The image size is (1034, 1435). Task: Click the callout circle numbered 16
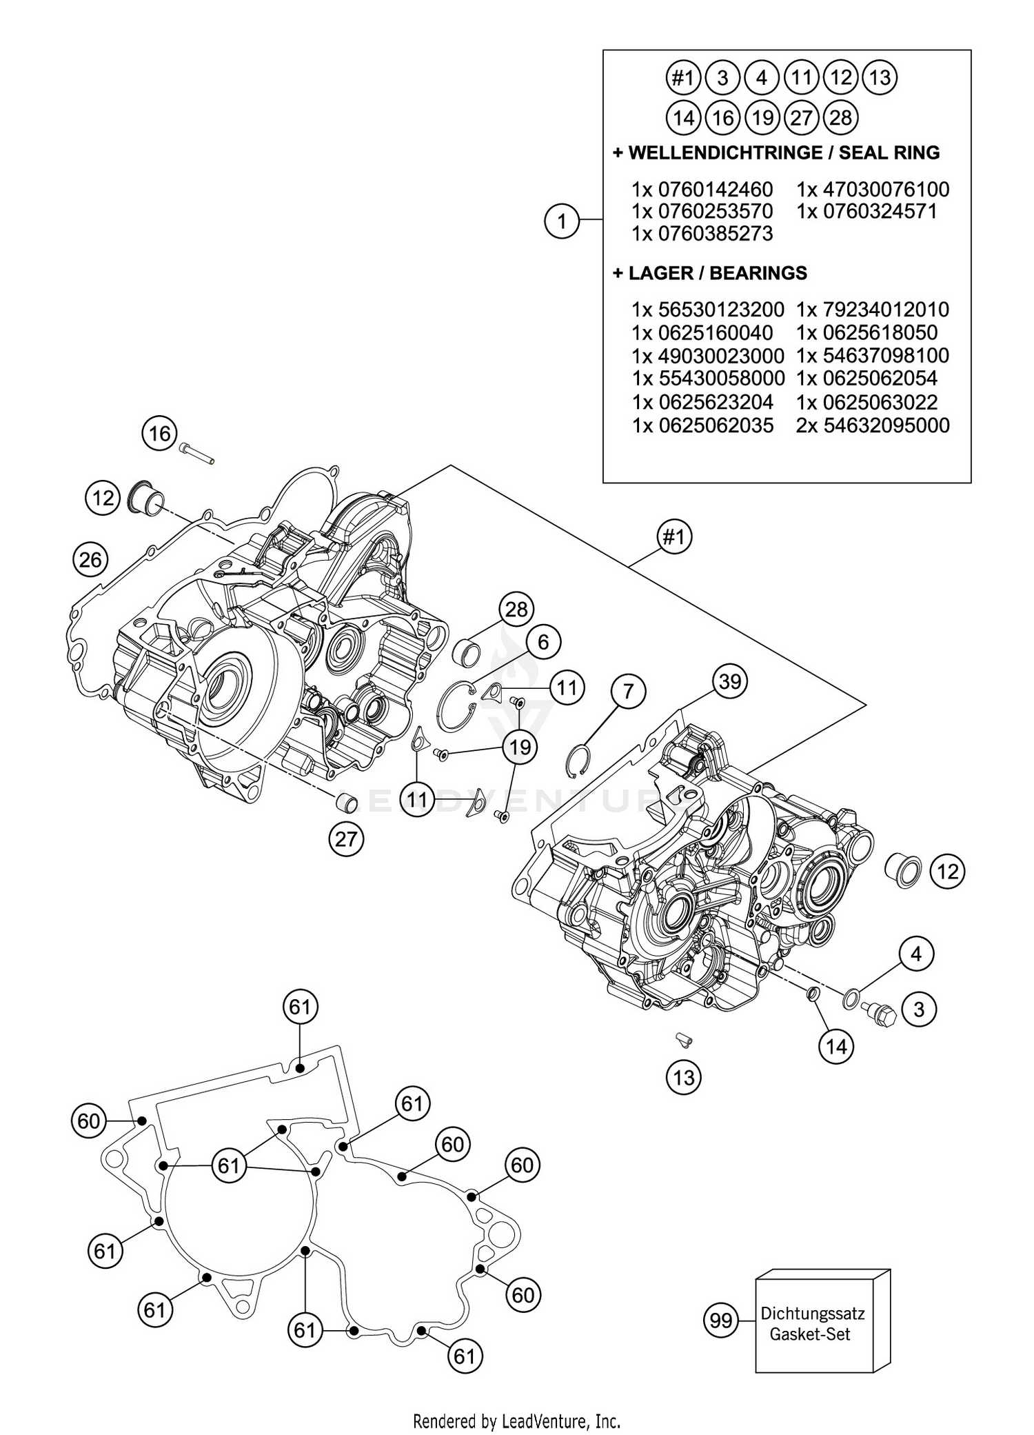click(x=159, y=434)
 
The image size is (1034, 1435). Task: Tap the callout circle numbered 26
click(x=90, y=559)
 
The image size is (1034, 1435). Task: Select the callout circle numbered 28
click(x=516, y=609)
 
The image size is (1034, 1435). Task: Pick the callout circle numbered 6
click(x=543, y=642)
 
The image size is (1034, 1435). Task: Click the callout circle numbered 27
click(x=346, y=839)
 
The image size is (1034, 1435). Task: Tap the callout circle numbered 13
click(x=683, y=1076)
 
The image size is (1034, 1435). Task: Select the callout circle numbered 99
click(x=721, y=1321)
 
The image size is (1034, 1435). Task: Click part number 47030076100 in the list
click(x=873, y=189)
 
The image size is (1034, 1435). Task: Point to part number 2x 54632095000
click(x=873, y=425)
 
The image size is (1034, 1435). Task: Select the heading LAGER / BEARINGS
click(x=710, y=273)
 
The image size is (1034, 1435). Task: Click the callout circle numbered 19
click(x=520, y=747)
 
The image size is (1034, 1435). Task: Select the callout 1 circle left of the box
click(x=562, y=221)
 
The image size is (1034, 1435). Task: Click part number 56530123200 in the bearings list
click(x=708, y=309)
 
